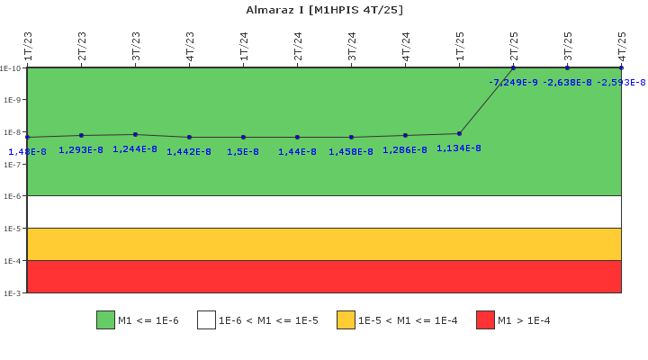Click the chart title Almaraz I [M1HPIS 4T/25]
324,10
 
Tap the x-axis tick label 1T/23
28,46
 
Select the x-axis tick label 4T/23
190,46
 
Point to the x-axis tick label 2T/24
298,46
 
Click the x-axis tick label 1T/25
460,46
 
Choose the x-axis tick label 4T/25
622,46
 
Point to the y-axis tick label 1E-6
12,196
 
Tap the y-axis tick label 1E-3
12,293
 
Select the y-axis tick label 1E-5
12,229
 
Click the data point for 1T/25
459,133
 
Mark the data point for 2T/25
513,67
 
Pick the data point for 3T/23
135,134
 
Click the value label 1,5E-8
243,152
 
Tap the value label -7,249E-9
513,83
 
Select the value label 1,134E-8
459,148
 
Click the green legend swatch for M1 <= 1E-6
105,320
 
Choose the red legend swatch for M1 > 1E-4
485,320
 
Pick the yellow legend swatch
346,320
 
